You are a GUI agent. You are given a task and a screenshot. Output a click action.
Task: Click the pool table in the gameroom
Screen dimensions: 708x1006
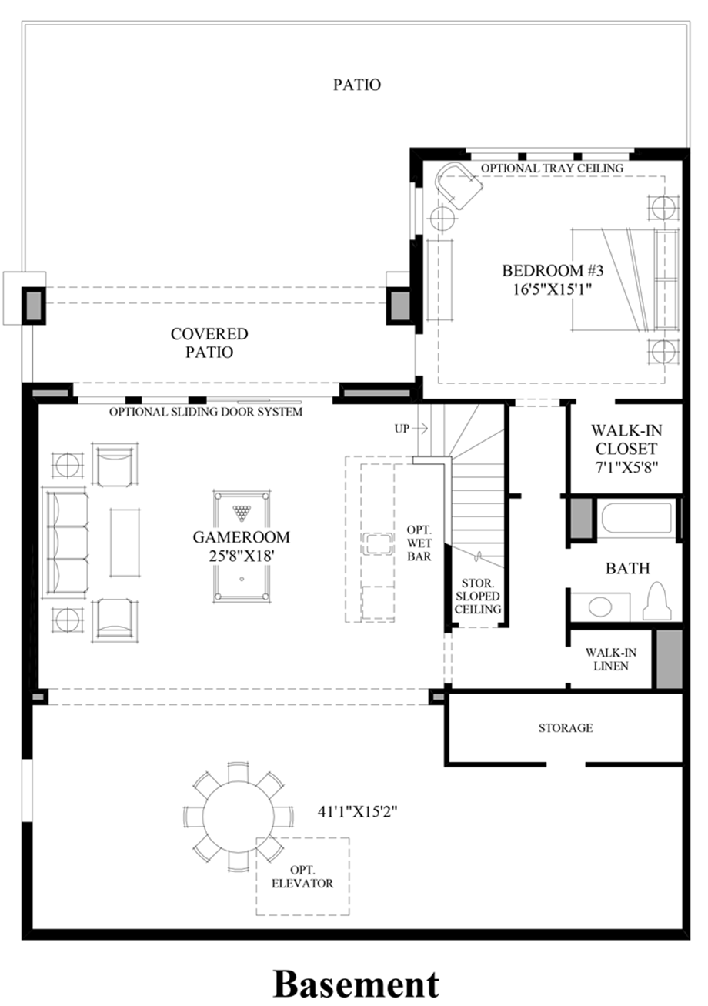point(242,546)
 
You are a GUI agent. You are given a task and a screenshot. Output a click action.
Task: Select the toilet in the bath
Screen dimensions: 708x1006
point(656,601)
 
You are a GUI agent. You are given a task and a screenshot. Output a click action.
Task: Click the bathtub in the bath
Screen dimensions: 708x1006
point(637,518)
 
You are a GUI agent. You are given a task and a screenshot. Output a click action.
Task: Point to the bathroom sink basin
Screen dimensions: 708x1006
point(600,607)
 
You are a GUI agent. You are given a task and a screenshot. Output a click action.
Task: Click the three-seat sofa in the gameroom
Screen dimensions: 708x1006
point(65,544)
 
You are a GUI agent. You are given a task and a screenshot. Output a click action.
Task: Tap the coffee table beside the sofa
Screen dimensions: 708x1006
point(125,542)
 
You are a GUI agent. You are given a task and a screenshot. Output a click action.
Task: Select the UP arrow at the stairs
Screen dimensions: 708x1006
point(419,429)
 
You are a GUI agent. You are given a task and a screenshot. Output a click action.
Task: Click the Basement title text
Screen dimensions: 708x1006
point(356,984)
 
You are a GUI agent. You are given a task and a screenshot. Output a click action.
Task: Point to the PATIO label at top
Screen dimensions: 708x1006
point(357,85)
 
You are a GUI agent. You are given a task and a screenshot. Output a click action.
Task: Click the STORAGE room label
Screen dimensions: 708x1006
point(566,728)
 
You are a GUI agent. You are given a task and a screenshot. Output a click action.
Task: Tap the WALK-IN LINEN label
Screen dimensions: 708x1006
point(610,659)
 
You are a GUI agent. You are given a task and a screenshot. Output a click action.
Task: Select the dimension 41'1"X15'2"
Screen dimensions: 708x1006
point(357,812)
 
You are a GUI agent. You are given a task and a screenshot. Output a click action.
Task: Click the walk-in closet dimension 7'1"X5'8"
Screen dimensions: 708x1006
point(626,467)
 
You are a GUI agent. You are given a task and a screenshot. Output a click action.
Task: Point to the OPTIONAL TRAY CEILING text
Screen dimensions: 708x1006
point(553,169)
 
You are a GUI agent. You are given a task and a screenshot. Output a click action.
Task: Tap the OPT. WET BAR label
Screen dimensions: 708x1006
point(419,543)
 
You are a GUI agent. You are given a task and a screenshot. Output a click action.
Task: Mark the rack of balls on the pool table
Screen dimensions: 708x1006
point(242,513)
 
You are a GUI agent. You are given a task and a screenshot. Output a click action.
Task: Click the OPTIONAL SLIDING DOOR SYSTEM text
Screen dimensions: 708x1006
point(206,412)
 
